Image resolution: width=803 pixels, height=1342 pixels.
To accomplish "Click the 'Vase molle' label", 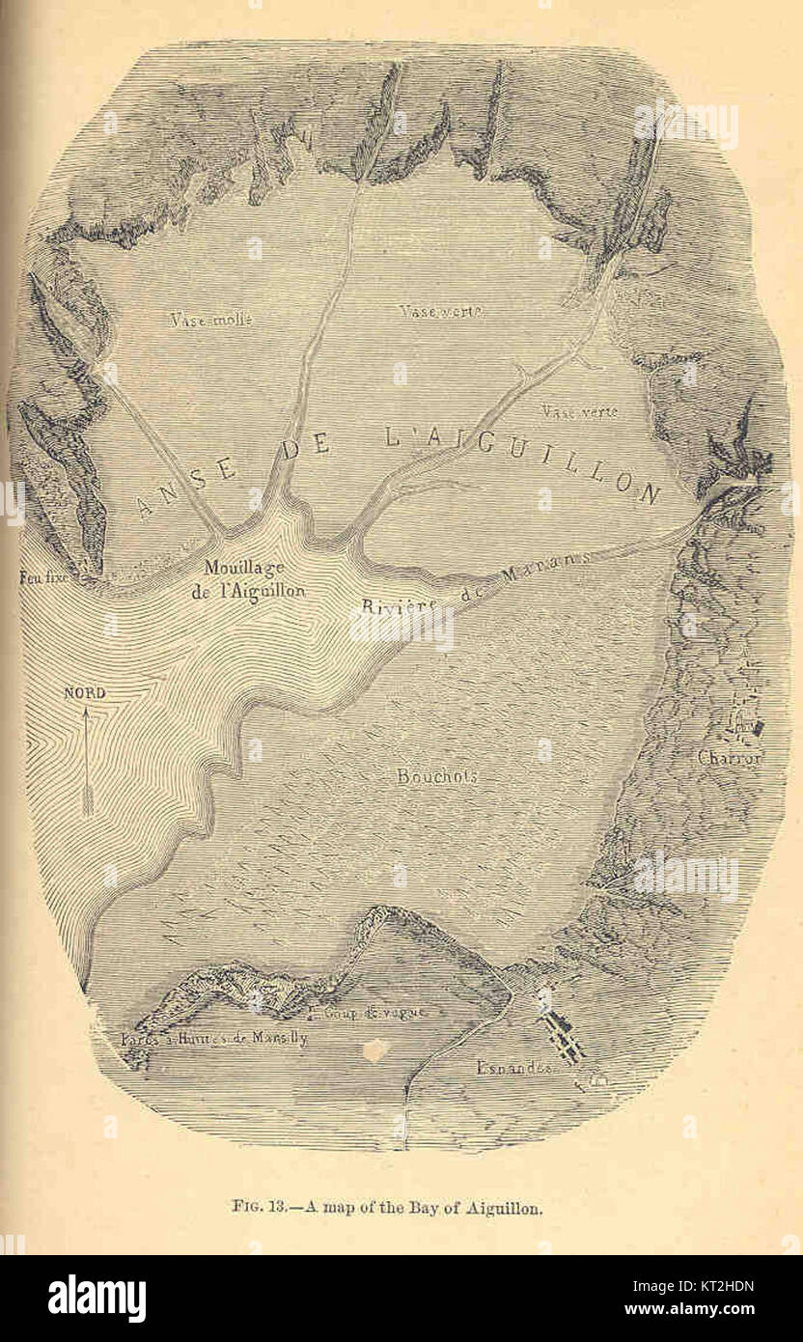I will tap(210, 320).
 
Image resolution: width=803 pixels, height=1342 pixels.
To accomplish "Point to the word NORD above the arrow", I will tap(84, 693).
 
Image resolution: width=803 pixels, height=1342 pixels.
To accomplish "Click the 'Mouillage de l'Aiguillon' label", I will tap(248, 579).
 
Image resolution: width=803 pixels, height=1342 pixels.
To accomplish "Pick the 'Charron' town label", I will tap(731, 758).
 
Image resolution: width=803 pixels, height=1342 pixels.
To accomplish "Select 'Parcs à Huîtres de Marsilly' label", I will tap(214, 1039).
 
